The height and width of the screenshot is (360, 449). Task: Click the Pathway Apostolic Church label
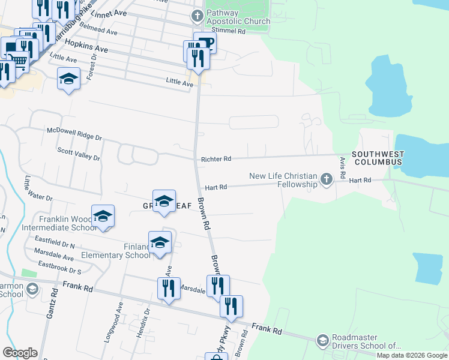238,17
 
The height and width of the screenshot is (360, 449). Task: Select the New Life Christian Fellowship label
283,179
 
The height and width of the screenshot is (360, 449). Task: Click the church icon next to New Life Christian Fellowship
326,179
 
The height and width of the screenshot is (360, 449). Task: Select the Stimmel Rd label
234,31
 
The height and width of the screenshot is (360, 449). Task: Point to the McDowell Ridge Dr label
74,134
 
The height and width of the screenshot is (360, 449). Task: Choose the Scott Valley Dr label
78,154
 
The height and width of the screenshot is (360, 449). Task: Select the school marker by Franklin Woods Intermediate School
103,217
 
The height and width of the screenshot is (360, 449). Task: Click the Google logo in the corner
20,352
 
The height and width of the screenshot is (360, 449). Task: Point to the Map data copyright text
412,355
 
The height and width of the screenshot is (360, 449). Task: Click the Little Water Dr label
39,188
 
